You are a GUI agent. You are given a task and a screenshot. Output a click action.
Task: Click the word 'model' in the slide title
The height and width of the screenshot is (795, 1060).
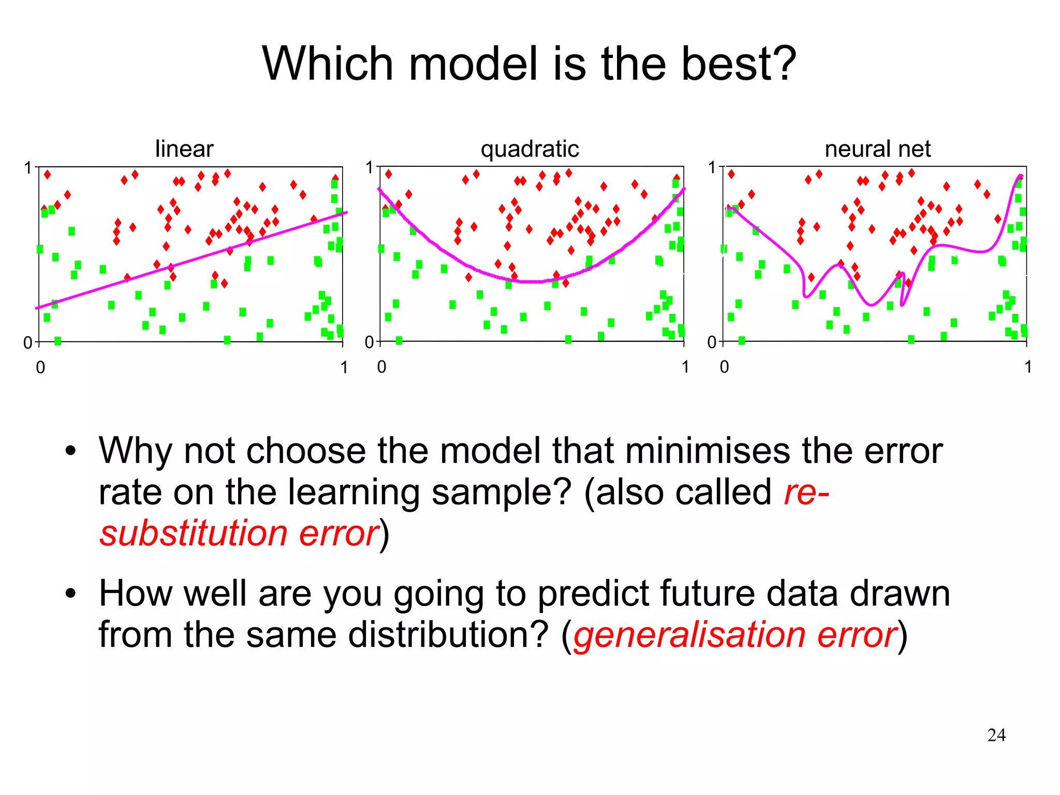(473, 64)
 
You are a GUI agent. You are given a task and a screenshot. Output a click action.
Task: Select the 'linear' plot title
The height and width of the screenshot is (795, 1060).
(184, 149)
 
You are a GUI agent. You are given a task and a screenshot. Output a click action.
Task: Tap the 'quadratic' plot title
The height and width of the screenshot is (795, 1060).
(529, 149)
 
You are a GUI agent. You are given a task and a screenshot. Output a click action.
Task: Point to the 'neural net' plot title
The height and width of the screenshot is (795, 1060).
(877, 149)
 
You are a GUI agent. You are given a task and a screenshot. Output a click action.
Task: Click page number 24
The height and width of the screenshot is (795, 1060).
(996, 735)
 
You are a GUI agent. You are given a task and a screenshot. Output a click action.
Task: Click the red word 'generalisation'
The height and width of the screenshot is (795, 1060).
(689, 635)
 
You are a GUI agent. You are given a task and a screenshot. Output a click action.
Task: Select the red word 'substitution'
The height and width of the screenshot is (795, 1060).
(194, 533)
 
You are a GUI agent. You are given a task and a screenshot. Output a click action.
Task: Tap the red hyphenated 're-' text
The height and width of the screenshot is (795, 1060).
(806, 492)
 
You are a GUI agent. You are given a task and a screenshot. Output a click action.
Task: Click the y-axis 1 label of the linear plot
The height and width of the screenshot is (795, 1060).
(28, 168)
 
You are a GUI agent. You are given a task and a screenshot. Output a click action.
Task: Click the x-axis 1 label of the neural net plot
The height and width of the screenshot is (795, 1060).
(1028, 367)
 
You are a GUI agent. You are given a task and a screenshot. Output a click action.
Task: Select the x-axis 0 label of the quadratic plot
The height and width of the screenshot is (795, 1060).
(381, 367)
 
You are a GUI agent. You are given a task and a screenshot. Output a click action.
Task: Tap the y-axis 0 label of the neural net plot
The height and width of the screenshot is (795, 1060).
(712, 342)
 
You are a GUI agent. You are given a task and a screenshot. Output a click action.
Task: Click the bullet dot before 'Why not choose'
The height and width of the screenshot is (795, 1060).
(71, 451)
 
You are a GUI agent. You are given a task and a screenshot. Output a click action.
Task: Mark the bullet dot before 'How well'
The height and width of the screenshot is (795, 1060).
(71, 594)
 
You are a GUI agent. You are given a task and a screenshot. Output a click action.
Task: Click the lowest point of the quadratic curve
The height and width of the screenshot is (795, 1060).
(533, 282)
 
